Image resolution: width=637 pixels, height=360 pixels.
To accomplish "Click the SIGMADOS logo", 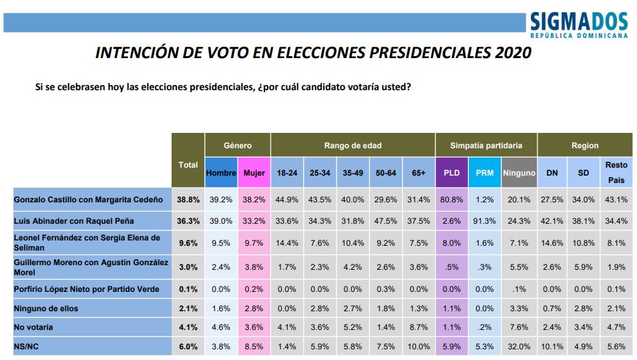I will pyautogui.click(x=579, y=25).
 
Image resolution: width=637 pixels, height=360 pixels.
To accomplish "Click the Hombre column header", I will pyautogui.click(x=221, y=172).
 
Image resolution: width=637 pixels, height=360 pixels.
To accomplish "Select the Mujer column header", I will pyautogui.click(x=254, y=172).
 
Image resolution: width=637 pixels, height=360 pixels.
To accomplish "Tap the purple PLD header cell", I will pyautogui.click(x=451, y=172).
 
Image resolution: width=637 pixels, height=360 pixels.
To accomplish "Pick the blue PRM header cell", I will pyautogui.click(x=485, y=172).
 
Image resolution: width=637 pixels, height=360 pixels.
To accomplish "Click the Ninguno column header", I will pyautogui.click(x=519, y=172).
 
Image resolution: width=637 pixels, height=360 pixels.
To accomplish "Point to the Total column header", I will pyautogui.click(x=188, y=164).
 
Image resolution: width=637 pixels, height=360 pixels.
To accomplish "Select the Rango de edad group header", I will pyautogui.click(x=353, y=145).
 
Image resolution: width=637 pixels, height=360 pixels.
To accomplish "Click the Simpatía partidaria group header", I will pyautogui.click(x=485, y=145).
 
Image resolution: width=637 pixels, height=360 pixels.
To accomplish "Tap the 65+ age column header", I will pyautogui.click(x=419, y=172).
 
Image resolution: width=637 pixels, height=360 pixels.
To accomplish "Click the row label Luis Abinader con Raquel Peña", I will pyautogui.click(x=73, y=220).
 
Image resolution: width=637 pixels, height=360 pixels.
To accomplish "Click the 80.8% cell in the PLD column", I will pyautogui.click(x=451, y=199).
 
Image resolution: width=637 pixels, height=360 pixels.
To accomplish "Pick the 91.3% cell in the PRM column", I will pyautogui.click(x=485, y=220).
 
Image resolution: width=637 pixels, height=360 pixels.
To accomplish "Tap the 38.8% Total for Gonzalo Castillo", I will pyautogui.click(x=188, y=199).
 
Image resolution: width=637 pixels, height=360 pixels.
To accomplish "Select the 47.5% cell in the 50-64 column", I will pyautogui.click(x=385, y=220).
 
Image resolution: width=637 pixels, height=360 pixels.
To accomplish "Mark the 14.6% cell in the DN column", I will pyautogui.click(x=552, y=242).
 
